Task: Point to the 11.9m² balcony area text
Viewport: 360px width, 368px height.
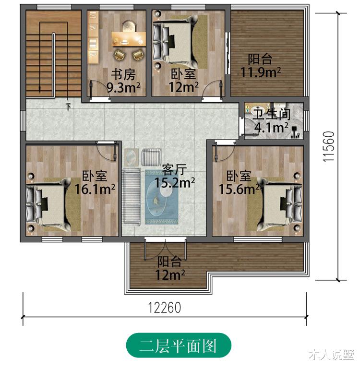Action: (x=260, y=72)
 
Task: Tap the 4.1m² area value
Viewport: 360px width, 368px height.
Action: (x=271, y=128)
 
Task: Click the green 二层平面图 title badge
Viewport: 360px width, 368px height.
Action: (x=179, y=346)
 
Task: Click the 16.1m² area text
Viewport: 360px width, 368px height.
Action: (x=95, y=189)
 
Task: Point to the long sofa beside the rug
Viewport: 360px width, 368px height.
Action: (x=131, y=196)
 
